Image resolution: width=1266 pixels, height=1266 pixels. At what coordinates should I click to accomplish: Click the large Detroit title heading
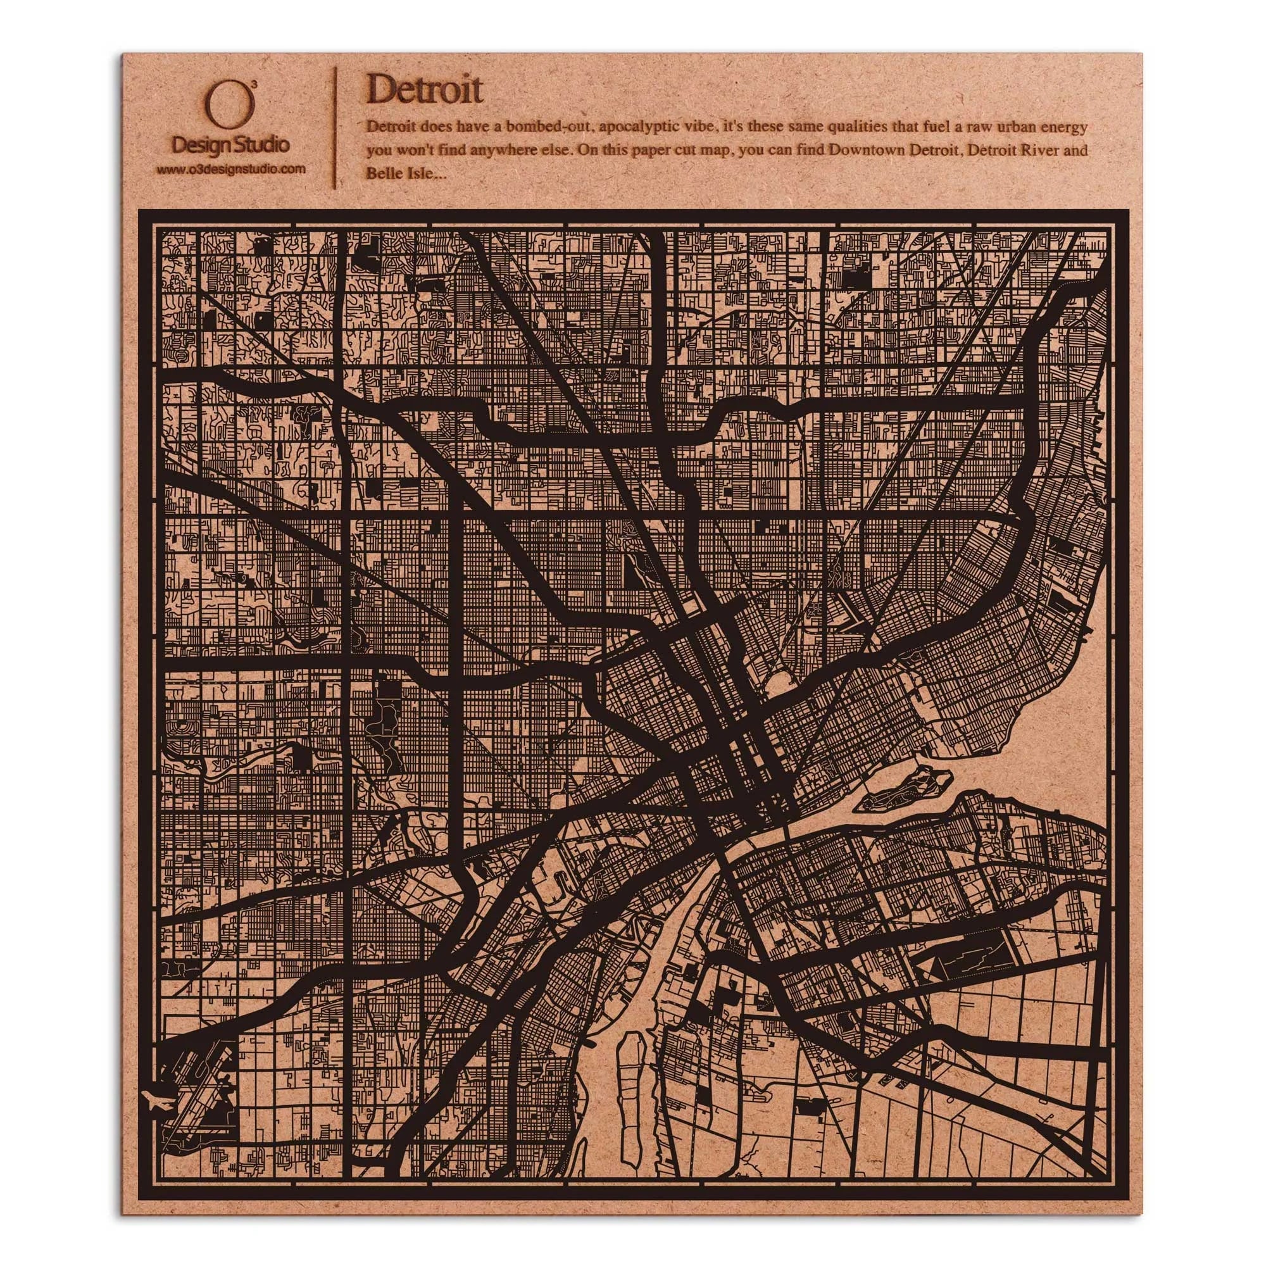425,90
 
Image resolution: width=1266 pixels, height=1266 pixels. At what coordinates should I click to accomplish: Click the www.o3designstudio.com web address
231,169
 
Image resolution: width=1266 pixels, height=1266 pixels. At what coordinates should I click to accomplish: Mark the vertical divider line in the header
335,128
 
